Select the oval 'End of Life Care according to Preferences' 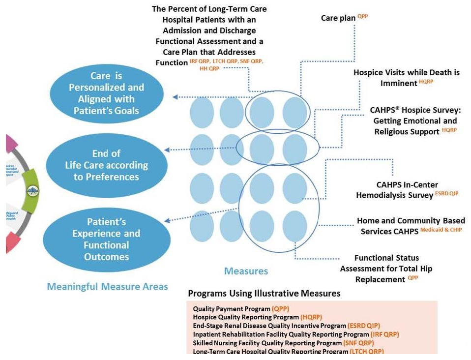[x=106, y=165]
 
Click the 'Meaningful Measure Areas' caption [x=107, y=286]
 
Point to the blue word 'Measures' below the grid [x=246, y=271]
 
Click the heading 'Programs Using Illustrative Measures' [x=264, y=294]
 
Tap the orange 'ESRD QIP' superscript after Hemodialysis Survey [x=446, y=194]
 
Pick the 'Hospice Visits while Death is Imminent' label [x=407, y=78]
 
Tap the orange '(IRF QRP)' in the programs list [x=384, y=334]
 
